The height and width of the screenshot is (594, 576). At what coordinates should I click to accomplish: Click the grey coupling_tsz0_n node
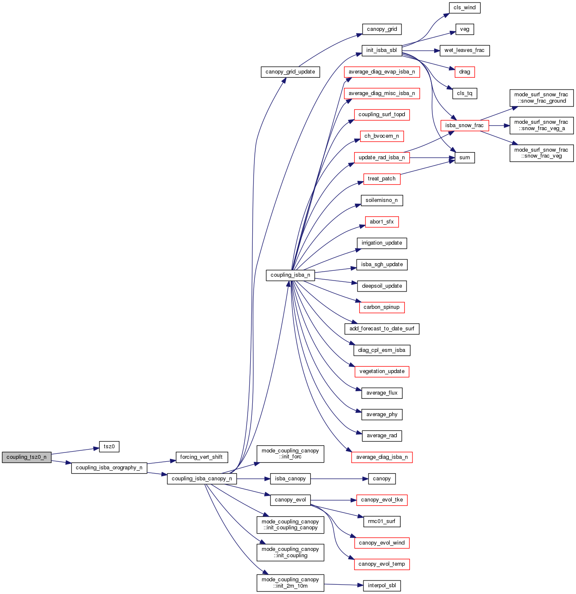[x=27, y=457]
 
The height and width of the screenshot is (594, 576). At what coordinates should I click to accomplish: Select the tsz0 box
[x=109, y=447]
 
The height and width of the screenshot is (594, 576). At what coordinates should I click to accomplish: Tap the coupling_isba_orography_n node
[x=109, y=468]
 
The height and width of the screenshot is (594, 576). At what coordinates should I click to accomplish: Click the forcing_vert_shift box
[x=201, y=457]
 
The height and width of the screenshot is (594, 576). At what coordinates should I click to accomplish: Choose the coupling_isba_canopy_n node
[x=202, y=479]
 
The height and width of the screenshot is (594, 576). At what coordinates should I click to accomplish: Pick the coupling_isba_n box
[x=290, y=275]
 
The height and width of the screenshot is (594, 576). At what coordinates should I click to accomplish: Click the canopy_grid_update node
[x=290, y=72]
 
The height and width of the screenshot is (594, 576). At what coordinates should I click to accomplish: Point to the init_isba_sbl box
[x=381, y=50]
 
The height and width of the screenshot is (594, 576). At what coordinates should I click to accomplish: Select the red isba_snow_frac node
[x=464, y=125]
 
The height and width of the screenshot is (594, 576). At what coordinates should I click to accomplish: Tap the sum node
[x=464, y=158]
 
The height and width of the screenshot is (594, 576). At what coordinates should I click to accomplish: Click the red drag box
[x=464, y=72]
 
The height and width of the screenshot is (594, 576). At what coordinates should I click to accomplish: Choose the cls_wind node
[x=464, y=8]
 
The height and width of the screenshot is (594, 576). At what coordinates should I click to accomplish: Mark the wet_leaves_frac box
[x=464, y=50]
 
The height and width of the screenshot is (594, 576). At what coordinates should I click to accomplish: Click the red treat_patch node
[x=381, y=179]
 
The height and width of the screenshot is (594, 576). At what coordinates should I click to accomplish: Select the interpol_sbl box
[x=382, y=586]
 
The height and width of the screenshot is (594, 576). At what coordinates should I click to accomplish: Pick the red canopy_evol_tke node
[x=382, y=500]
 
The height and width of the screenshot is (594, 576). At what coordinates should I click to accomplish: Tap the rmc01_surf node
[x=381, y=521]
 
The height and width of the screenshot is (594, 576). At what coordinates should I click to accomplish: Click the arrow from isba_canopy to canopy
[x=338, y=479]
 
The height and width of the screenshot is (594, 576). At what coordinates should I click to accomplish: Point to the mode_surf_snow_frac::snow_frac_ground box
[x=541, y=98]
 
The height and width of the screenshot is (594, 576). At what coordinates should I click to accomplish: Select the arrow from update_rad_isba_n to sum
[x=431, y=158]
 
